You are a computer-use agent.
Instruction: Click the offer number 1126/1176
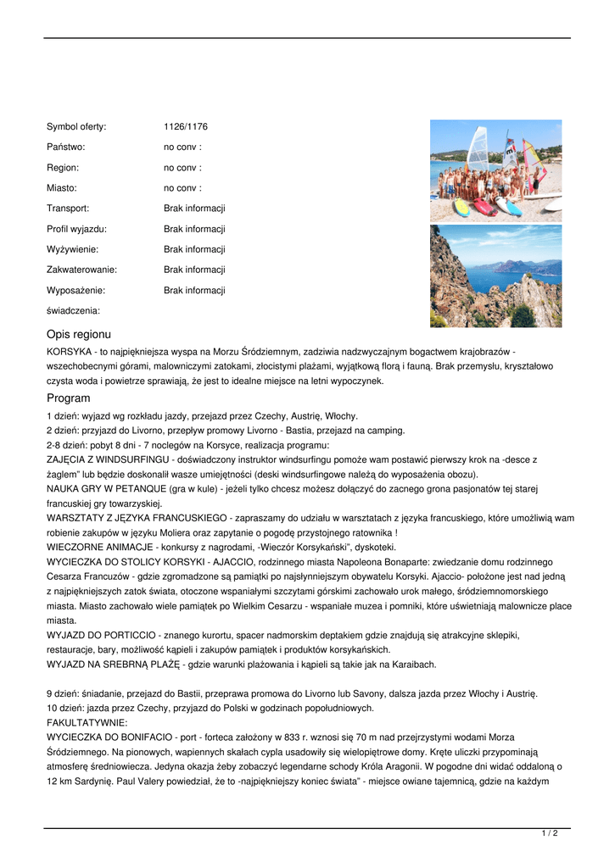tap(186, 127)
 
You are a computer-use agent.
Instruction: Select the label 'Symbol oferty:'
tap(76, 127)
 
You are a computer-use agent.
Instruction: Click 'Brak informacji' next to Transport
tap(194, 209)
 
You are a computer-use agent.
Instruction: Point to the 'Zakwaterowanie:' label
tap(81, 270)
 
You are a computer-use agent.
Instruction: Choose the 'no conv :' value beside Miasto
tap(182, 188)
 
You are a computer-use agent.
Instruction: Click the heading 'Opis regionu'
tap(79, 335)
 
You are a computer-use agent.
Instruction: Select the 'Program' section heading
tap(69, 398)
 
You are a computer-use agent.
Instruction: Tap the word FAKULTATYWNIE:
tap(87, 723)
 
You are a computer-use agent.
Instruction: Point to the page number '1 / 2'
tap(550, 834)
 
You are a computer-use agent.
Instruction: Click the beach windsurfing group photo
tap(495, 170)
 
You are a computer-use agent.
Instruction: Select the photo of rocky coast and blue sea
tap(495, 275)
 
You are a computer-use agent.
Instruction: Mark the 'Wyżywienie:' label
tap(72, 249)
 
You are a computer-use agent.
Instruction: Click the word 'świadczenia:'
tap(73, 311)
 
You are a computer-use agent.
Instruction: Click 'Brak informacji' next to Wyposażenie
tap(194, 290)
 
